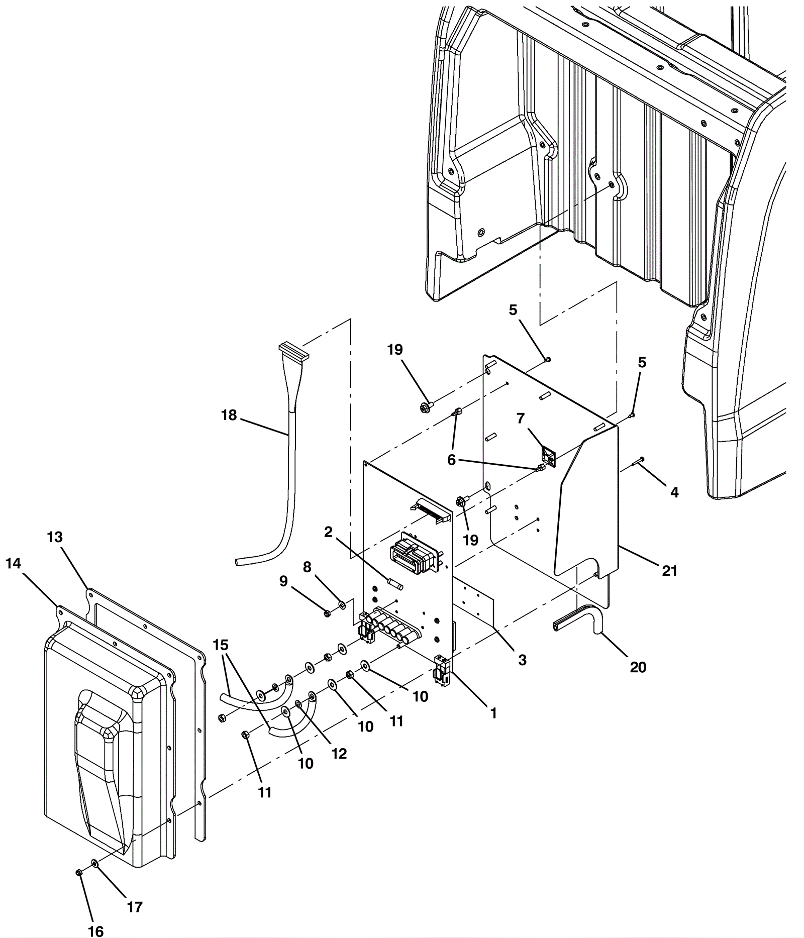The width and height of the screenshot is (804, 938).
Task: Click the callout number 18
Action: coord(229,415)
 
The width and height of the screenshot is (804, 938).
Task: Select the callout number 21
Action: coord(669,571)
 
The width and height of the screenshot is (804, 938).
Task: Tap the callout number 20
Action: coord(638,667)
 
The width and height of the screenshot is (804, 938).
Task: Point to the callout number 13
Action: coord(55,537)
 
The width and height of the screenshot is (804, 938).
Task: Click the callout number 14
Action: coord(14,564)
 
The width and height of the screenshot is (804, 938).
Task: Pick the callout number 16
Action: coord(95,931)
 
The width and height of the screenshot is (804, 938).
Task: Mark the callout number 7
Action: coord(520,418)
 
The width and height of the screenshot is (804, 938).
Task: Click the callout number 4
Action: coord(674,492)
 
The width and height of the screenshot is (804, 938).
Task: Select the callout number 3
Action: coord(522,660)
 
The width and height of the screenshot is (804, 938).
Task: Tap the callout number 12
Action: coord(340,754)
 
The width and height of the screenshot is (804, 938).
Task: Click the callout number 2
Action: coord(328,532)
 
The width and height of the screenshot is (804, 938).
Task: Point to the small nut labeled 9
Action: coord(327,613)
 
